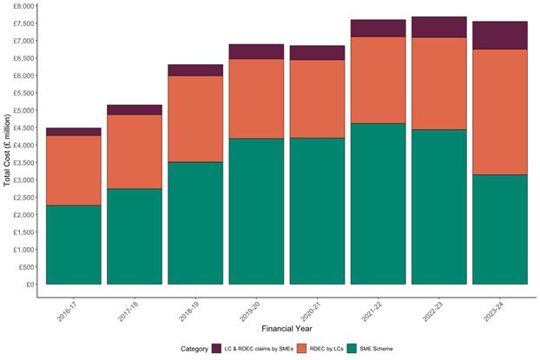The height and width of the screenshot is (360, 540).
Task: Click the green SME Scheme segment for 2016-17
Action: pyautogui.click(x=73, y=245)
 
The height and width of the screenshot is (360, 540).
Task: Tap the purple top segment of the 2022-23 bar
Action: pyautogui.click(x=438, y=27)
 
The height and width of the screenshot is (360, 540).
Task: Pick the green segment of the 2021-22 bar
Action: pyautogui.click(x=378, y=203)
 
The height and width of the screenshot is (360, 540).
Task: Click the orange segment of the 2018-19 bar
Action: pyautogui.click(x=195, y=119)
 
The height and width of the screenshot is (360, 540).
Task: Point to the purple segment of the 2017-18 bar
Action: pyautogui.click(x=134, y=109)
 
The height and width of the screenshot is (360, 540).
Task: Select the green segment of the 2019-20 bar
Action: pyautogui.click(x=256, y=211)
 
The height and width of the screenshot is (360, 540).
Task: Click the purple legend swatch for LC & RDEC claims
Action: pyautogui.click(x=216, y=349)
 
